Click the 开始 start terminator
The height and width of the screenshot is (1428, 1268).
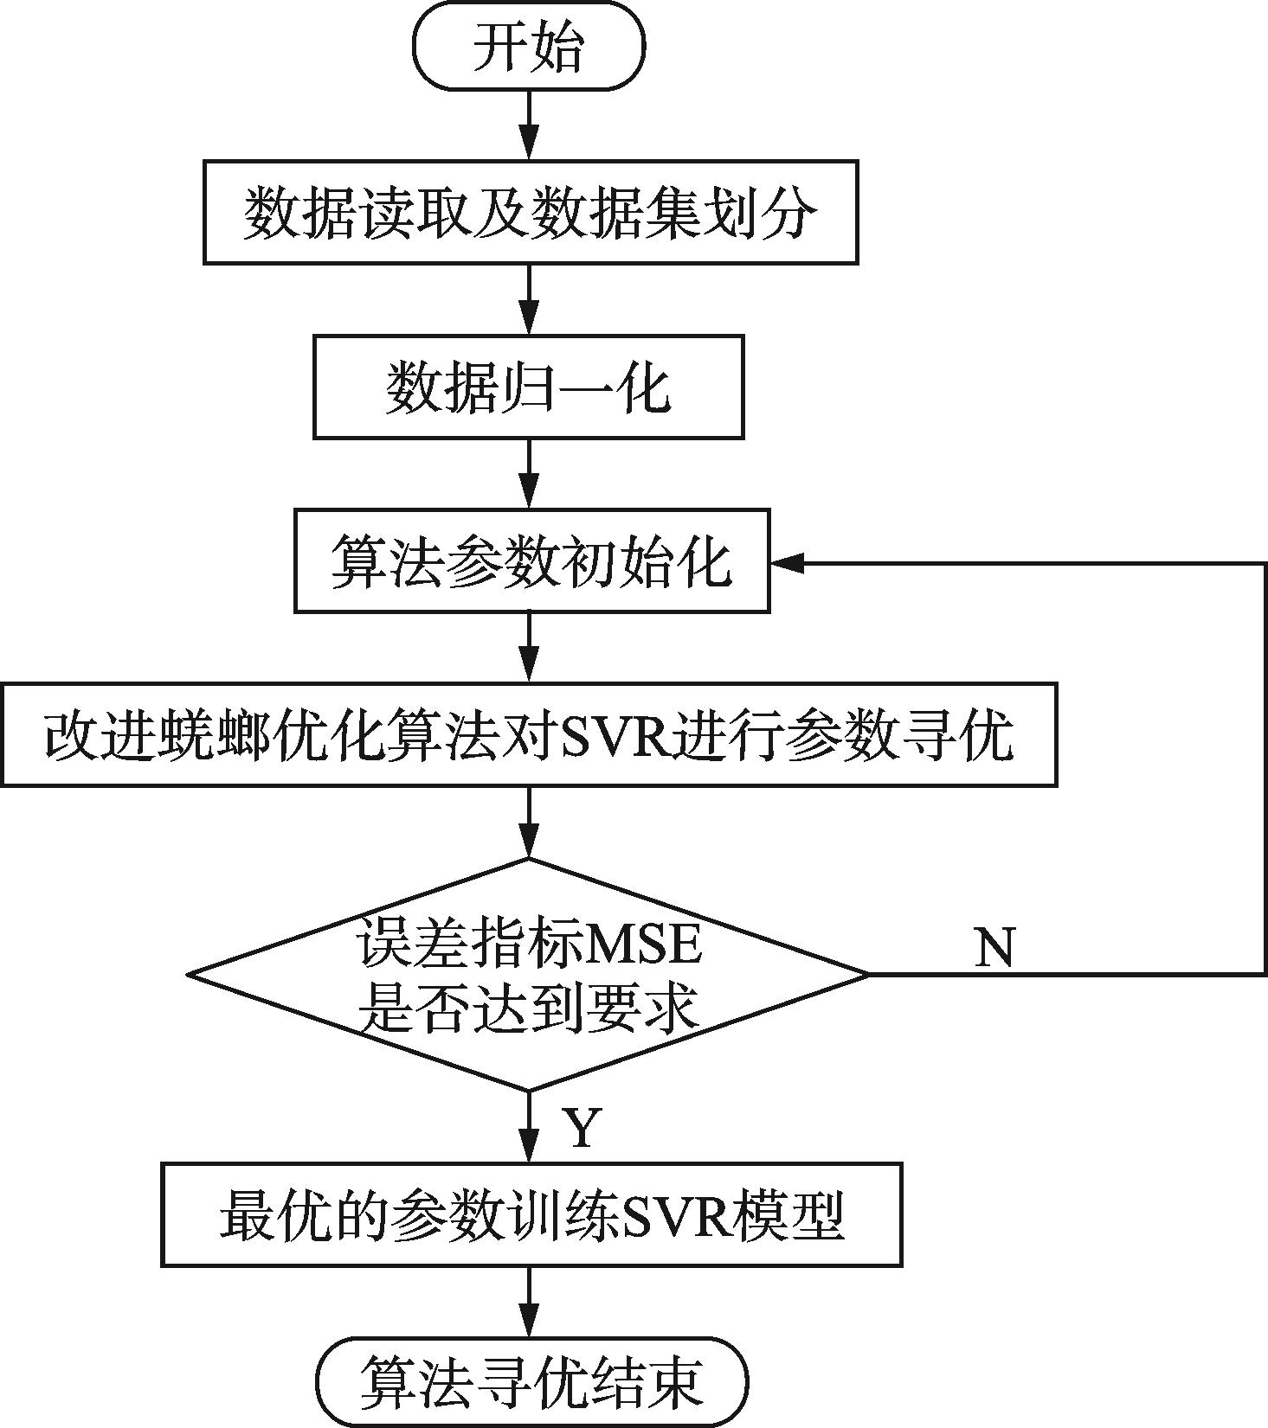click(529, 45)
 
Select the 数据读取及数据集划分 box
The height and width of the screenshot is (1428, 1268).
click(531, 211)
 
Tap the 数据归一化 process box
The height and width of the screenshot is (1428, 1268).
click(528, 387)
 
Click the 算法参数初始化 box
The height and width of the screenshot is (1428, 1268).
click(531, 561)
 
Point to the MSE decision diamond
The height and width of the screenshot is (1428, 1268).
click(528, 975)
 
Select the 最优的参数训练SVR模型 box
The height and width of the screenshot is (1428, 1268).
click(531, 1215)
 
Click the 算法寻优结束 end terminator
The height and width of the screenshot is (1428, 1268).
click(531, 1381)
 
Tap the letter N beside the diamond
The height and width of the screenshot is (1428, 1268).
click(994, 947)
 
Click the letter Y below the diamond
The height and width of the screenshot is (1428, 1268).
click(582, 1127)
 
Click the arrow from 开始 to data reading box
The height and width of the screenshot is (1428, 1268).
click(528, 125)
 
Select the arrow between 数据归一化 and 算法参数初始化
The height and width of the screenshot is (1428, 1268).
click(528, 474)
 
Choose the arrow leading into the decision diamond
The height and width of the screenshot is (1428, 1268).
click(528, 822)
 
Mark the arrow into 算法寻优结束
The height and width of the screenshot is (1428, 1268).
click(528, 1303)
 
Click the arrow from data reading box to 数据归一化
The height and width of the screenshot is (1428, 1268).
click(528, 299)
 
